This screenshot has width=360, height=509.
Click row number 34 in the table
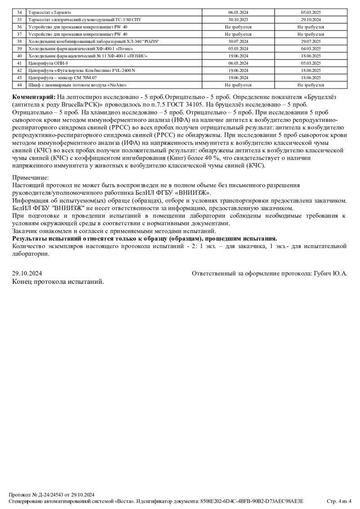coord(19,12)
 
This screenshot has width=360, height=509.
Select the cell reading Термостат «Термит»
coord(50,12)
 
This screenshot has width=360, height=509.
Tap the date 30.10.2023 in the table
coord(238,19)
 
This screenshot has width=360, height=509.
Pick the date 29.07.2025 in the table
coord(310,41)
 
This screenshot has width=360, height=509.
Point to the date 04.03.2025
coord(310,48)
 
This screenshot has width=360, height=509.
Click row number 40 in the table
coord(19,56)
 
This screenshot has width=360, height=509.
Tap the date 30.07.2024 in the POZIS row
coord(238,41)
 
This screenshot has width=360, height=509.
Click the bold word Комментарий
coord(34,97)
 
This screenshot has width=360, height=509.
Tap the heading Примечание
coord(30,178)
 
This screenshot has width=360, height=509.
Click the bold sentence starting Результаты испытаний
coord(144,238)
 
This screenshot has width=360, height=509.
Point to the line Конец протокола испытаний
coord(58,281)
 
